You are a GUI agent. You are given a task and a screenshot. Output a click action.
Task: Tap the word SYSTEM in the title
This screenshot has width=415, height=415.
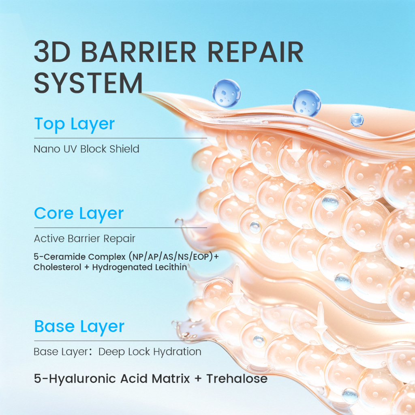coord(88,83)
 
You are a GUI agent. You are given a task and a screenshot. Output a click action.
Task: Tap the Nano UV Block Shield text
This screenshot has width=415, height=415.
coord(86,149)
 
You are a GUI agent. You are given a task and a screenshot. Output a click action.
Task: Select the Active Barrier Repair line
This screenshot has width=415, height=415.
coord(84,239)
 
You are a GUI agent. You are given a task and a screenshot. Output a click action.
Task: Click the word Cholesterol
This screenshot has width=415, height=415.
coord(57,267)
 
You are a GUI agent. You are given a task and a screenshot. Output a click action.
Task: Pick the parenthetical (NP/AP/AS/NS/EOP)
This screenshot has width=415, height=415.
coord(171,257)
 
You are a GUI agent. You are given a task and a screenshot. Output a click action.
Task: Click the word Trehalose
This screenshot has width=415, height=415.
coord(237,379)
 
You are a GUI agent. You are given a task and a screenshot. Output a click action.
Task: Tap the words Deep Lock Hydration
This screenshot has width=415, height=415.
coord(150,352)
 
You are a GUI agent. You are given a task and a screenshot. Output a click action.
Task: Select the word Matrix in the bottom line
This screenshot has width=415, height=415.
coord(171,379)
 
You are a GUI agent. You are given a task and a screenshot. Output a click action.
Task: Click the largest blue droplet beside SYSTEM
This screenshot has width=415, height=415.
coord(227,93)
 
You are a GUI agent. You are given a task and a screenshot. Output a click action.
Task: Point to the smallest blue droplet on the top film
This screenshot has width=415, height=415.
coord(357,120)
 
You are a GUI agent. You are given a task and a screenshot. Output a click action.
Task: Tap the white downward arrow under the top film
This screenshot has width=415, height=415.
coord(297,150)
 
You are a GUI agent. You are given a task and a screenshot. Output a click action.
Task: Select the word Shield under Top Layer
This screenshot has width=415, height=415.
coord(124,149)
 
